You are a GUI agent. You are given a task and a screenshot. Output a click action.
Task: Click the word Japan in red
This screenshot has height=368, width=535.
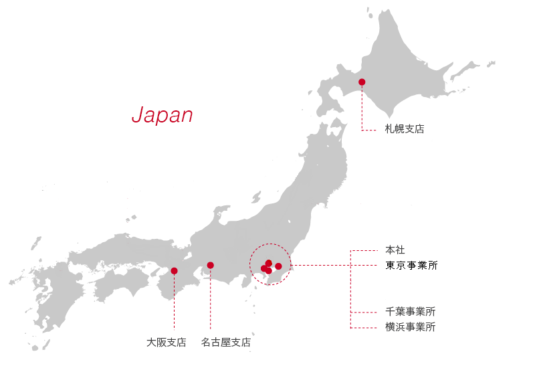162,114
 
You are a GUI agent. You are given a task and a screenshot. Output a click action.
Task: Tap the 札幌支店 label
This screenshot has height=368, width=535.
405,129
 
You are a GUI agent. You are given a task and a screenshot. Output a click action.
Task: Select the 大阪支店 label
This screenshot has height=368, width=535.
167,343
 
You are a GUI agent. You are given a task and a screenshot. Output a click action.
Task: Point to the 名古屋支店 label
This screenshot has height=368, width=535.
226,343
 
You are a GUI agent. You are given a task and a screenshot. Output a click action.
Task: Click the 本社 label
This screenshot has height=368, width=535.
395,250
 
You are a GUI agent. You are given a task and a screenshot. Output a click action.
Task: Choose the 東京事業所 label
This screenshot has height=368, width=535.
411,266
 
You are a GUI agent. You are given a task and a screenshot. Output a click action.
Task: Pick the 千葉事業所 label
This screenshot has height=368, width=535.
411,312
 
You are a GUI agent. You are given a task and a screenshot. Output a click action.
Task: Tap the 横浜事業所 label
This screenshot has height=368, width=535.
411,327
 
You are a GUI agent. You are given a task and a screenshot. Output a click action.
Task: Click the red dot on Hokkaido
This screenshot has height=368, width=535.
362,82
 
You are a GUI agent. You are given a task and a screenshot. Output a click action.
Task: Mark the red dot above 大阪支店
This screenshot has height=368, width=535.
174,271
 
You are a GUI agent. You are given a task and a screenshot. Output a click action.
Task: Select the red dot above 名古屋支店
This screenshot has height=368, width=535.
211,265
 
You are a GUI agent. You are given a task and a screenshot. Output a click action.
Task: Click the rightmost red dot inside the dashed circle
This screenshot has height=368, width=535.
279,266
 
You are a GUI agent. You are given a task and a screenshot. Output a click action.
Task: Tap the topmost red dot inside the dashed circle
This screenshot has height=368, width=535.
269,263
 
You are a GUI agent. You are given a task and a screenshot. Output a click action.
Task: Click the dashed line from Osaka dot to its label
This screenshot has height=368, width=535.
174,304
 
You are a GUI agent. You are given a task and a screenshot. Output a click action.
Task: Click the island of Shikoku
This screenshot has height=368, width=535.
120,284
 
